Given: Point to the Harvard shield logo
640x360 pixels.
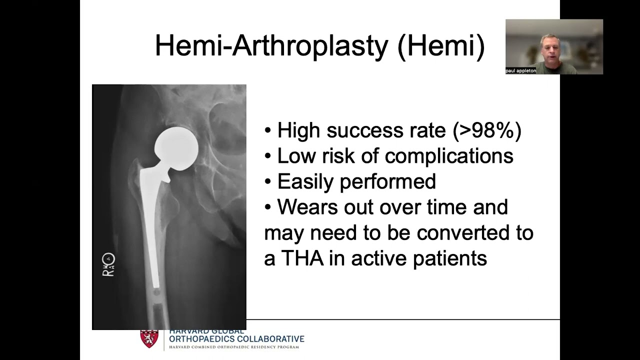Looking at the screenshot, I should (x=149, y=338).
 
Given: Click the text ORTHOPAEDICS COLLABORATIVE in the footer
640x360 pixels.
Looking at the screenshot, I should (x=236, y=339).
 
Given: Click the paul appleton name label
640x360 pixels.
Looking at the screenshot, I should (x=520, y=71).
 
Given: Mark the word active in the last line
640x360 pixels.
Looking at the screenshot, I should (x=378, y=258).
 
